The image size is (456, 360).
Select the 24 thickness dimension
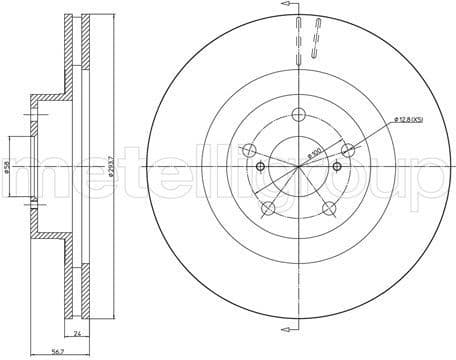[75, 334]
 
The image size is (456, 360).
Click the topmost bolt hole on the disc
[300, 113]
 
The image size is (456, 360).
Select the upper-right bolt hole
[348, 149]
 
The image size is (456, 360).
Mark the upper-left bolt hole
[250, 150]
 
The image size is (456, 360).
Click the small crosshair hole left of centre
[259, 166]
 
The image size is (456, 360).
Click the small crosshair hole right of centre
[340, 166]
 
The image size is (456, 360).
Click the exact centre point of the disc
[300, 166]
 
